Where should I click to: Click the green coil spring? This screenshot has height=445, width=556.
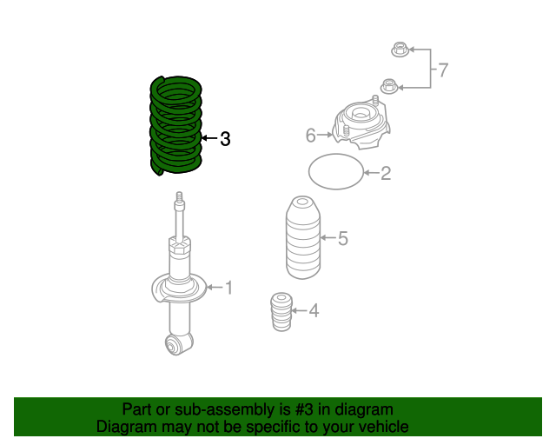click(x=176, y=124)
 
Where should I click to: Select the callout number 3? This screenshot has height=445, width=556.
click(x=225, y=138)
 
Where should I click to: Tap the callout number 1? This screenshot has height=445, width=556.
click(x=228, y=287)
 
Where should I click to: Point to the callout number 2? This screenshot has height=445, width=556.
click(x=386, y=174)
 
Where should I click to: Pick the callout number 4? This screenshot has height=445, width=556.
click(x=313, y=309)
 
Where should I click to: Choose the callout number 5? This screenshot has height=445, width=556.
click(x=342, y=238)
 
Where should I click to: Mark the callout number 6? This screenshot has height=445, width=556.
click(x=310, y=135)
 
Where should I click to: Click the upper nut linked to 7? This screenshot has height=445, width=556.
click(x=400, y=50)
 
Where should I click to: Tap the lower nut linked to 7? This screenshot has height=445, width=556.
click(x=388, y=86)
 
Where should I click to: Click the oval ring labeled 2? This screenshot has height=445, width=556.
click(x=336, y=172)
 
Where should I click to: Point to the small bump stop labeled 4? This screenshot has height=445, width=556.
click(x=281, y=313)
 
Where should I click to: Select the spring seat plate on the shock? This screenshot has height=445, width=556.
click(x=180, y=288)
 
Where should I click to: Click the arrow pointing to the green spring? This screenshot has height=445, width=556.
click(x=208, y=138)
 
